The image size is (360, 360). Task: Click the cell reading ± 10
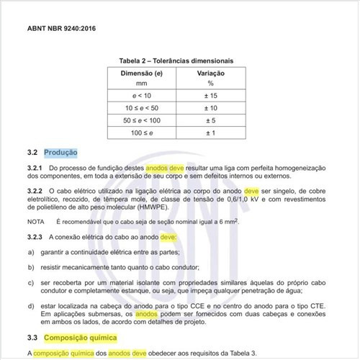coord(212,107)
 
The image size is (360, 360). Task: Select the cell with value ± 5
coord(212,120)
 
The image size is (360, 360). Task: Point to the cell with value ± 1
coord(212,132)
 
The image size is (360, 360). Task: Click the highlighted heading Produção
coord(60,153)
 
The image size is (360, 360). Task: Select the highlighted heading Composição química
coord(79,337)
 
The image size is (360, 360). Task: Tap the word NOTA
coord(35,220)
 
